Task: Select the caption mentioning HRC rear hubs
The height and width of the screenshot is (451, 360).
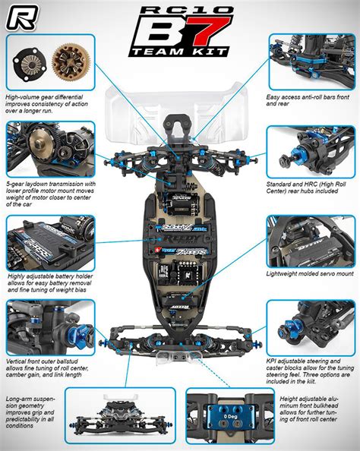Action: pyautogui.click(x=310, y=187)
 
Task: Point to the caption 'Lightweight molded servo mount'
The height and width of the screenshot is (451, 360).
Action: pyautogui.click(x=310, y=273)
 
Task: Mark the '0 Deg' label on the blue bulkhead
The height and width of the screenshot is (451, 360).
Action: pyautogui.click(x=229, y=418)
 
